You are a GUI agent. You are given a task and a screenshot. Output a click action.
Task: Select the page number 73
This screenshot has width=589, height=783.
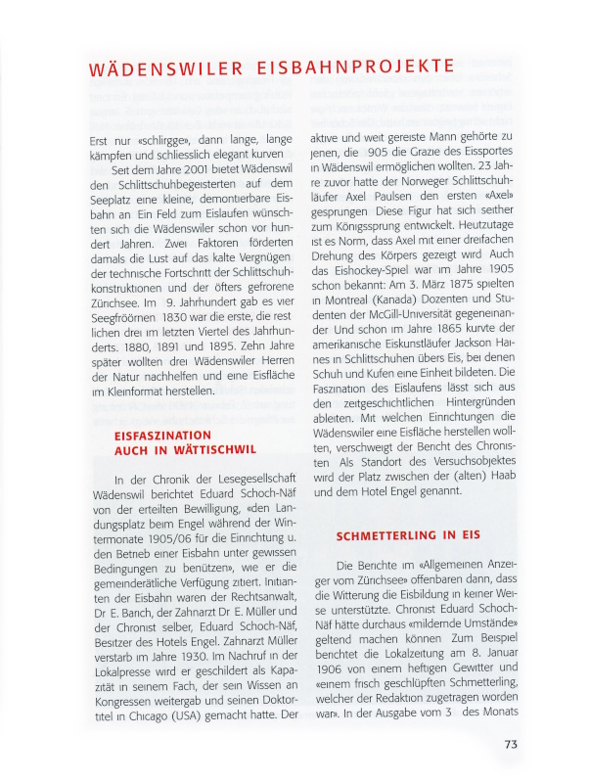coord(511,744)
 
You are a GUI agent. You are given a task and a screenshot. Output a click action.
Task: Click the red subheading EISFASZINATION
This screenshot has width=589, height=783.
coord(162,435)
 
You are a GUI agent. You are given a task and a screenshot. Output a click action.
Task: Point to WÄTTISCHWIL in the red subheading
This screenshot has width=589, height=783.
coord(208,449)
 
